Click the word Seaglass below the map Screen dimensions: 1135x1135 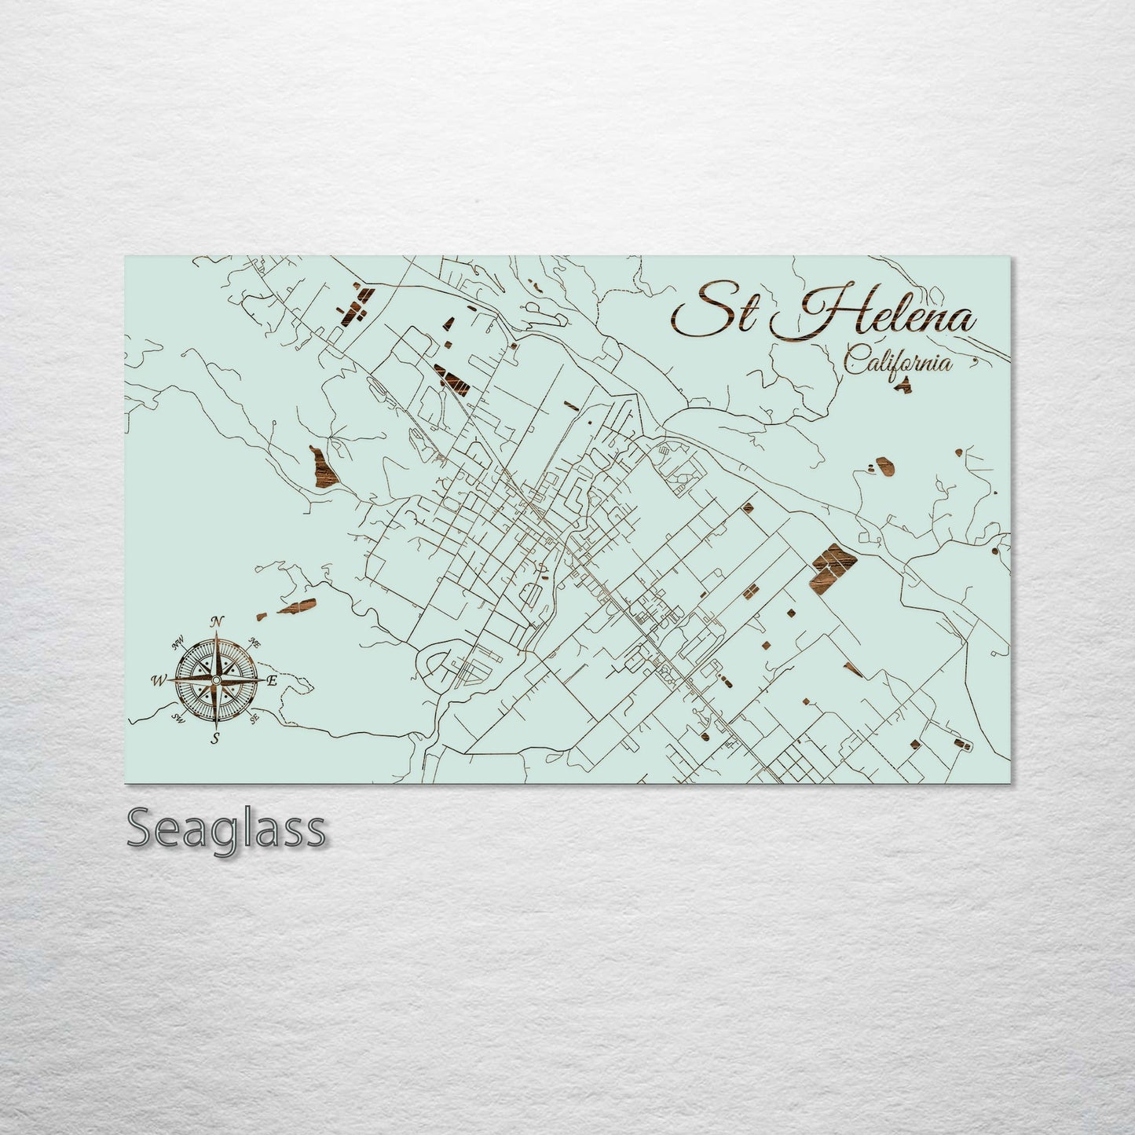(x=226, y=829)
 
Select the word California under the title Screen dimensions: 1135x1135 (x=899, y=363)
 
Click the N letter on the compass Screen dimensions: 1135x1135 (x=218, y=623)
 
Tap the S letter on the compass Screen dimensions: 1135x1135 (x=214, y=738)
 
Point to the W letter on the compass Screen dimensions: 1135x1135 (x=159, y=681)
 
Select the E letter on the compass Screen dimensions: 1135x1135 (x=272, y=681)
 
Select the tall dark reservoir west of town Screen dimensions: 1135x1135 (x=321, y=466)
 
